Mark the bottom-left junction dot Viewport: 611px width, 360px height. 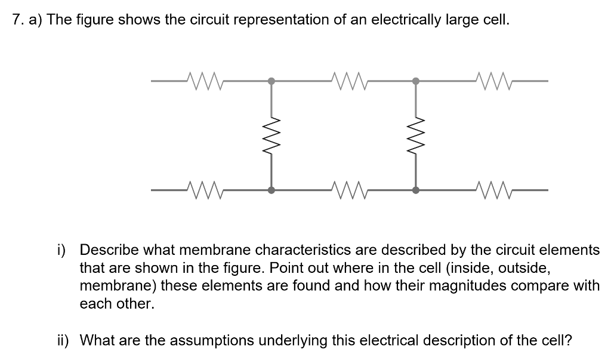(271, 190)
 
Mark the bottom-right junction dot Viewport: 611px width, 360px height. (416, 190)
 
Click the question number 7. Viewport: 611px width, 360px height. (17, 20)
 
